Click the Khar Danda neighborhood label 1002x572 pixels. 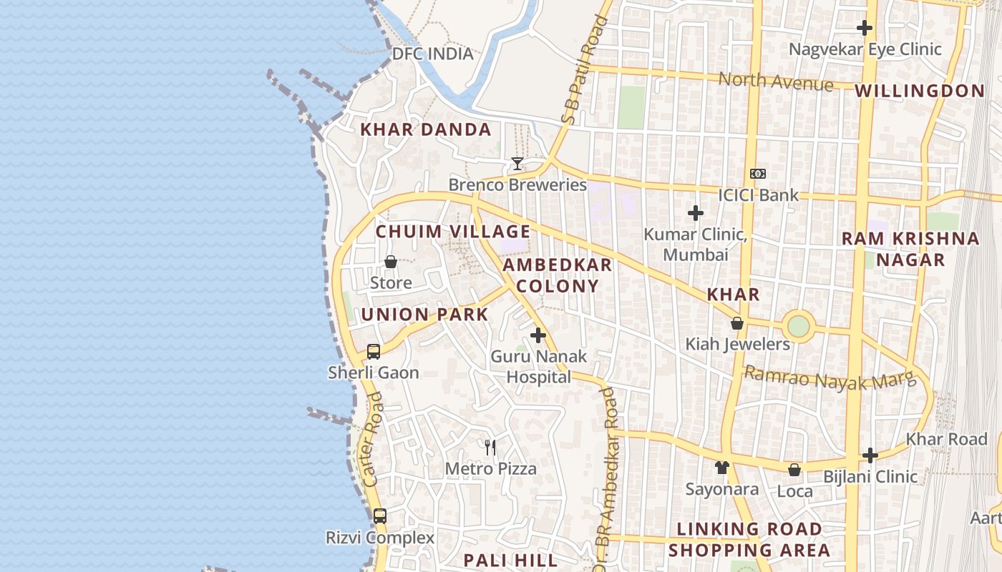[x=425, y=129]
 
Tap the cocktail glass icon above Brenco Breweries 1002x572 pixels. [x=517, y=164]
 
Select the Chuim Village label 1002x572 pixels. [x=453, y=232]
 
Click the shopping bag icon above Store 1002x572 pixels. [x=391, y=262]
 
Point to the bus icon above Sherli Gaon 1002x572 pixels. [x=374, y=351]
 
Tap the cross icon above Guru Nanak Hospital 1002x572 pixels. [x=538, y=335]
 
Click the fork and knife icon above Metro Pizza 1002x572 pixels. [x=490, y=448]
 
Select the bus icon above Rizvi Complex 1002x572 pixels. [x=380, y=516]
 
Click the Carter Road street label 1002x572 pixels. [x=373, y=440]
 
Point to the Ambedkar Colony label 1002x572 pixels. [x=557, y=275]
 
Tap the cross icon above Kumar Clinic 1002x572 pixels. [x=695, y=213]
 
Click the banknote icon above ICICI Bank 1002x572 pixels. [x=758, y=174]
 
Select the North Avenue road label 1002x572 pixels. [x=776, y=81]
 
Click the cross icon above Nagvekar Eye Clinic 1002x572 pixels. [x=865, y=28]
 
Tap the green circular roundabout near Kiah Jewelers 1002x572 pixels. [x=798, y=327]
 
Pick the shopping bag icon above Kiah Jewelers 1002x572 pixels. [x=737, y=323]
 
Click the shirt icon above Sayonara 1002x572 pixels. [x=721, y=468]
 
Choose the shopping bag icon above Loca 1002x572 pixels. [x=794, y=470]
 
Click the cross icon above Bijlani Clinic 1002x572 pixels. [x=870, y=455]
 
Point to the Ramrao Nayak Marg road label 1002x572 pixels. [x=830, y=378]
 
